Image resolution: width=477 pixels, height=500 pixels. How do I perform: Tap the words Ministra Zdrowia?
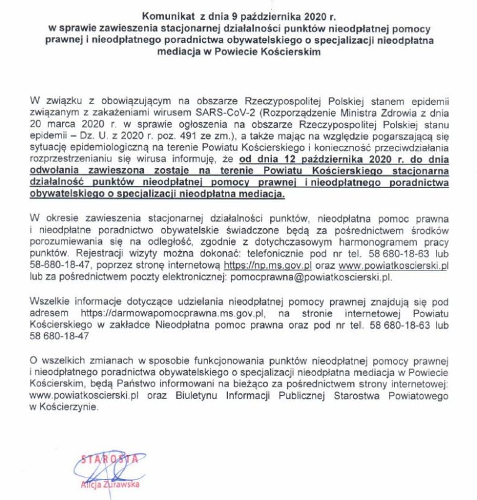pyautogui.click(x=369, y=112)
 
